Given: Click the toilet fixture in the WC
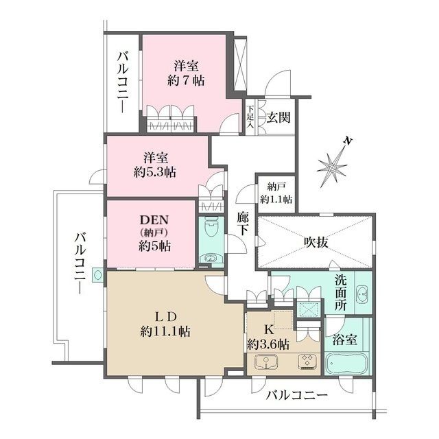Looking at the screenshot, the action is [211, 227].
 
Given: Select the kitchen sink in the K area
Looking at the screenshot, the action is [266, 362].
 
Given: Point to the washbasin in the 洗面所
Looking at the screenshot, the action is [363, 294].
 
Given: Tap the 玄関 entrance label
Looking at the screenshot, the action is [278, 117].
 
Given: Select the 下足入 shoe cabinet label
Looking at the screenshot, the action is [250, 117].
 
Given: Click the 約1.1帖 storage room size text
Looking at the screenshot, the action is [276, 199].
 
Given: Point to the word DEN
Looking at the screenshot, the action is [154, 220].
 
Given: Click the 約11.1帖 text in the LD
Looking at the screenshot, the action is [165, 332].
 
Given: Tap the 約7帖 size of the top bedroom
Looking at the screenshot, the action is [186, 81].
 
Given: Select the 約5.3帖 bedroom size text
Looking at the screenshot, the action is [155, 172].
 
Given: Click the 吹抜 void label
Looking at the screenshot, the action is [316, 242].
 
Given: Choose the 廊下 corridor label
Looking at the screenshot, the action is [242, 224].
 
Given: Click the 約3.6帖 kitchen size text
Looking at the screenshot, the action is [268, 344].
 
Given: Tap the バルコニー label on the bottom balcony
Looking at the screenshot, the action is [297, 395].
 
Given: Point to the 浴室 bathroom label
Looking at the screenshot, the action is [345, 340].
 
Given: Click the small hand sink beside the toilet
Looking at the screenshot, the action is [211, 258].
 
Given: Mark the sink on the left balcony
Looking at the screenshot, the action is [97, 275].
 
